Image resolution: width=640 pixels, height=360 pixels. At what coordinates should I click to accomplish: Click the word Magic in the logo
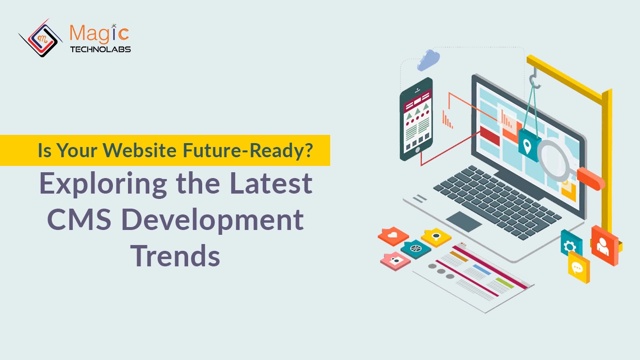point(99,33)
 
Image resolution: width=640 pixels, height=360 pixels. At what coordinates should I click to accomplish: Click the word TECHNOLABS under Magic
point(100,49)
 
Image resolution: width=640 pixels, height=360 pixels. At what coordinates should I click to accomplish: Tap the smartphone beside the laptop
point(416,119)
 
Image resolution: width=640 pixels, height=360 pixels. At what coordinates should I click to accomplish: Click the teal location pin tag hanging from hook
point(529,144)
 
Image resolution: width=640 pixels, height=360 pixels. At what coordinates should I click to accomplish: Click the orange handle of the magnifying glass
point(591,178)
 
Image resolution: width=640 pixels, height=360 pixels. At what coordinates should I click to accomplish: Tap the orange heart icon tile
point(393,235)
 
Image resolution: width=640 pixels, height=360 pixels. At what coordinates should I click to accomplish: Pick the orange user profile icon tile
point(604,245)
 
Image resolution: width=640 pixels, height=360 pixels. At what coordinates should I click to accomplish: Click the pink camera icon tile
point(396,260)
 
